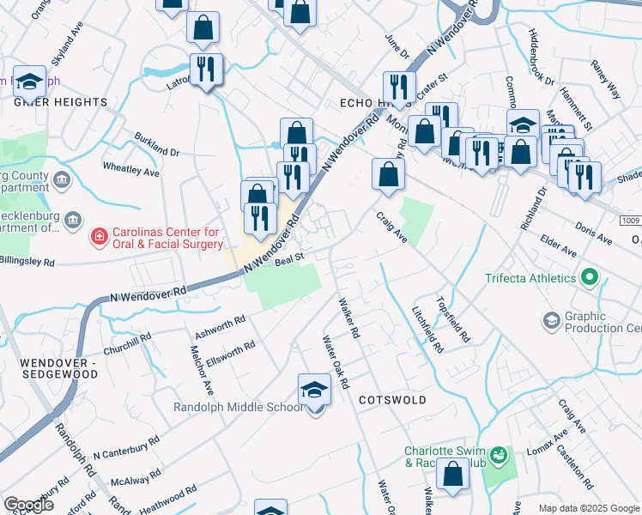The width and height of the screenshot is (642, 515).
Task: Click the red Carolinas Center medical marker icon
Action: [x=100, y=235]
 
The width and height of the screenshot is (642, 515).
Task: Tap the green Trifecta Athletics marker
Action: [x=589, y=278]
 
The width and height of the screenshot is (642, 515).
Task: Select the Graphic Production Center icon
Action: [x=552, y=321]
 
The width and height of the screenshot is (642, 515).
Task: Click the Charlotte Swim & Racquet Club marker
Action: [x=500, y=454]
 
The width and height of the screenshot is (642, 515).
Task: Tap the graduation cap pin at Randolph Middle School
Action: [x=315, y=391]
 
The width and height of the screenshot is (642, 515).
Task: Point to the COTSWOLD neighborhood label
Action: [x=393, y=401]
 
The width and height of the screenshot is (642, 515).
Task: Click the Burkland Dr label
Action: [x=156, y=144]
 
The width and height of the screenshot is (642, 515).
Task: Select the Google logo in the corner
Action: [x=28, y=505]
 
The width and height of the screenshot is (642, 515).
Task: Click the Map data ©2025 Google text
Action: [x=588, y=508]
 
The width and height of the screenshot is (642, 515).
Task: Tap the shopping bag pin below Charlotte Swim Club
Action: [x=452, y=475]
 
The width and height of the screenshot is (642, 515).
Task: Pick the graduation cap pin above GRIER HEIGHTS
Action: [x=29, y=82]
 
